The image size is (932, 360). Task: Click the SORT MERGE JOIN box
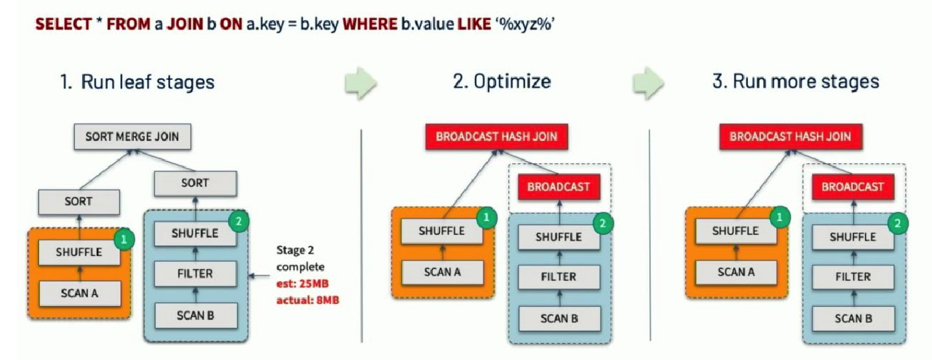[x=132, y=137]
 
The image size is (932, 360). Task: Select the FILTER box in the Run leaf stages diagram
[x=195, y=274]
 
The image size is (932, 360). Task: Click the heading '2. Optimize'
[x=502, y=81]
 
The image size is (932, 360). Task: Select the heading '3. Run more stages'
[x=796, y=81]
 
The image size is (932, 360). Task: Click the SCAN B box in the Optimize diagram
[x=559, y=318]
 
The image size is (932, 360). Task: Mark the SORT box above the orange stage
[x=78, y=201]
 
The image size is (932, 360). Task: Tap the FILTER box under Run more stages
[x=853, y=276]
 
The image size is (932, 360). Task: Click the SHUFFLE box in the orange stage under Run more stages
[x=735, y=231]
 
